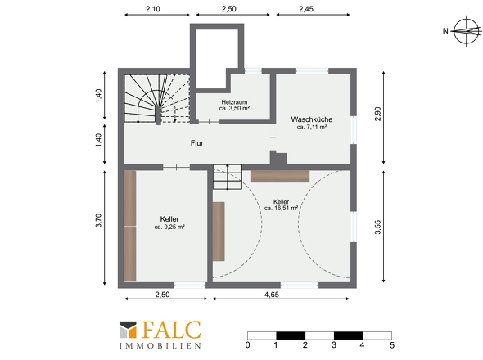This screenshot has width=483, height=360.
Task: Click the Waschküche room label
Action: point(312,119)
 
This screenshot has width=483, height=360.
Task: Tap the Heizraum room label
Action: point(234,102)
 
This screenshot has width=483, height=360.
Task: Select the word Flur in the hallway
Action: point(197,143)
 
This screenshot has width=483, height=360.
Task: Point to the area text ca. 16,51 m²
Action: point(281,208)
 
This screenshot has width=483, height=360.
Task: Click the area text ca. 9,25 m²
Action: point(169,227)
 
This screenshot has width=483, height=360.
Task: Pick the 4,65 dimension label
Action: point(272,295)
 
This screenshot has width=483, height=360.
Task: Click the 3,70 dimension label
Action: point(98,220)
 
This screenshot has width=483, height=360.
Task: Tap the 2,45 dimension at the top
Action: point(306,9)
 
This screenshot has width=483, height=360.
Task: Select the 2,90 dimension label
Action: point(378,114)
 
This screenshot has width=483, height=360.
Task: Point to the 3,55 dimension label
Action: point(378,227)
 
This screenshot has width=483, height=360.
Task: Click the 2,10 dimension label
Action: point(153,9)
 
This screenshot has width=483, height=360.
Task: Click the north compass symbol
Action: point(466,31)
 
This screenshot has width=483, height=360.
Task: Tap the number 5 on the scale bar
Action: point(392,345)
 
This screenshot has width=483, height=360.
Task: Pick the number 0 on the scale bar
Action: point(248,345)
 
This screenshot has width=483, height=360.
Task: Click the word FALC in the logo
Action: point(172,330)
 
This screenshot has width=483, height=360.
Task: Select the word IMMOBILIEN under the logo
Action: point(160,345)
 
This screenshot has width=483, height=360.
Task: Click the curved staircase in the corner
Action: point(156,98)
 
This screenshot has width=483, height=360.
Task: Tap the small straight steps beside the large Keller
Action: point(228,177)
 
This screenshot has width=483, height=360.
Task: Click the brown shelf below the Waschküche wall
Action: point(280,176)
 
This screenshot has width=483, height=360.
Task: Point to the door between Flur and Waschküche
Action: point(273,137)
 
